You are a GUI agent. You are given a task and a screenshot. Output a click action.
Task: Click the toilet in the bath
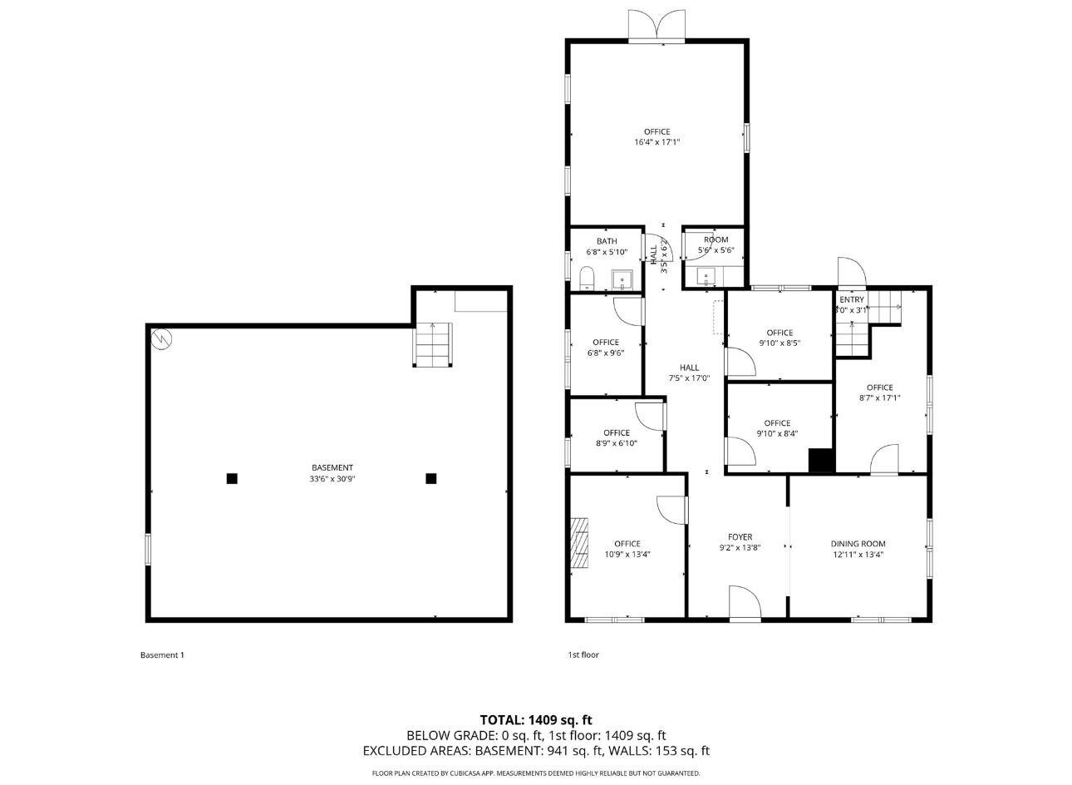(x=587, y=278)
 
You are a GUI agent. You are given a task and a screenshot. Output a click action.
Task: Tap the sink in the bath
(x=622, y=279)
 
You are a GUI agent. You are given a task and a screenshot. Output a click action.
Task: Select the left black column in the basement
(x=232, y=478)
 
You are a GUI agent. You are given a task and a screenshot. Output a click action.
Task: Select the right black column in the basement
(x=431, y=478)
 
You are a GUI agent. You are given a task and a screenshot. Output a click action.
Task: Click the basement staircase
(x=433, y=344)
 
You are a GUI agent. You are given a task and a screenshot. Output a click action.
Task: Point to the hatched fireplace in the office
(x=578, y=542)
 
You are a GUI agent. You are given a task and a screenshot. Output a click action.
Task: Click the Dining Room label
(x=858, y=544)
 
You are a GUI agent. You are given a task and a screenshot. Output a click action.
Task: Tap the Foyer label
(x=740, y=537)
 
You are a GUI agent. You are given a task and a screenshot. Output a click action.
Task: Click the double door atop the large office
(x=656, y=27)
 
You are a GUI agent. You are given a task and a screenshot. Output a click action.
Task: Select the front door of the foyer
(x=745, y=603)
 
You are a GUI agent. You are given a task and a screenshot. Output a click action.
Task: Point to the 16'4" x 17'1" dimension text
(x=656, y=142)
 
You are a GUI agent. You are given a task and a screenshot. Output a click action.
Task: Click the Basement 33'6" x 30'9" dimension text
(x=332, y=478)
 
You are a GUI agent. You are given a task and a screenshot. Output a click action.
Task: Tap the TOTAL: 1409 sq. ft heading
(x=536, y=720)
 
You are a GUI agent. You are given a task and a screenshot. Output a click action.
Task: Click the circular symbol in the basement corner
(x=160, y=338)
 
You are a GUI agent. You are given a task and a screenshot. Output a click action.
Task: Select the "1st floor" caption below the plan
(x=583, y=655)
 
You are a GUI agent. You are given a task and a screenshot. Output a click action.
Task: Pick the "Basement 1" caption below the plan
(x=162, y=655)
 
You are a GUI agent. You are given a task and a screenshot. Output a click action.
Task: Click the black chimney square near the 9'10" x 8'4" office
(x=821, y=461)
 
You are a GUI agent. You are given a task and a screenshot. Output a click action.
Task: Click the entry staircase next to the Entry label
(x=884, y=309)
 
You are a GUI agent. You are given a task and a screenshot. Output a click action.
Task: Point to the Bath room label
(x=607, y=241)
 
